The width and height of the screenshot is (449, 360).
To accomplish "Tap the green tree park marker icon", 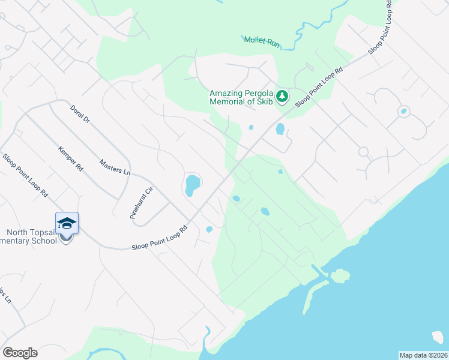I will [x=282, y=96].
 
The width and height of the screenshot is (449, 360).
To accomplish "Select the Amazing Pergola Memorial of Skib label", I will [x=241, y=97].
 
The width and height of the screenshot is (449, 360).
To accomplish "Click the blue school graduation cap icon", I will [x=67, y=223].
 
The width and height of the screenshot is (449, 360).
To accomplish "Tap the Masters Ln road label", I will [x=115, y=167].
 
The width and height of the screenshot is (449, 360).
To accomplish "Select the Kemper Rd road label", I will [x=71, y=158].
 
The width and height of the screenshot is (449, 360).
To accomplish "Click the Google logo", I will [x=20, y=353].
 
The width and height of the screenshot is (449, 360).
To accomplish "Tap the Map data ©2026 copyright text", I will [x=423, y=355].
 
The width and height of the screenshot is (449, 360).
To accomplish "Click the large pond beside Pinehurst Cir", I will [x=192, y=185].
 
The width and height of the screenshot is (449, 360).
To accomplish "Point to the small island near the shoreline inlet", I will [x=340, y=276].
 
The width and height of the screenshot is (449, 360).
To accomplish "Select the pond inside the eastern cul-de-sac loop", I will [x=403, y=111].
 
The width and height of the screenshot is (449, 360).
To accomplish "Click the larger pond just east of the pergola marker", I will [x=280, y=129].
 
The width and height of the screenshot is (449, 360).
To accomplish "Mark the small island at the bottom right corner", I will [x=440, y=337].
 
